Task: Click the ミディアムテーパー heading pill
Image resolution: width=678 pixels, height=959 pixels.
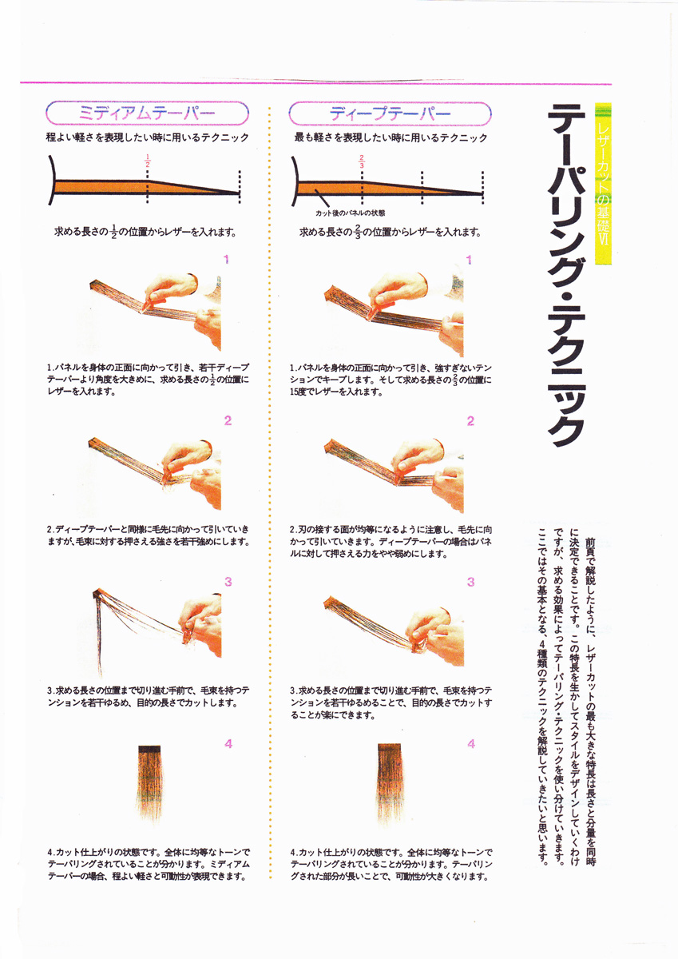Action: pos(147,113)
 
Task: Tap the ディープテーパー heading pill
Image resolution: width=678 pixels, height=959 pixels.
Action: pos(391,113)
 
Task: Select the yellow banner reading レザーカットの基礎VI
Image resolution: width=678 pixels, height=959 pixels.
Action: pos(603,184)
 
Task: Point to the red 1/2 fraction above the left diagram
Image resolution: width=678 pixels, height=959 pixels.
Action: pos(148,161)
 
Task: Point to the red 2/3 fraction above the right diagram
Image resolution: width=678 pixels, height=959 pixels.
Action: pos(362,161)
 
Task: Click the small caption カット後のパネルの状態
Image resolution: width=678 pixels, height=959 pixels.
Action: pos(351,213)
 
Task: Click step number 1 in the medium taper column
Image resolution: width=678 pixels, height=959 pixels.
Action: pos(226,260)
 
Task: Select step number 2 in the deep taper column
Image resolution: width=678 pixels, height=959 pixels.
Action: pos(470,421)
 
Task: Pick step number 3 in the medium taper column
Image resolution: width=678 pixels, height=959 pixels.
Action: pos(228,582)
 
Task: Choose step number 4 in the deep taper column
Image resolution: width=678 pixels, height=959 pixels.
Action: pos(471,744)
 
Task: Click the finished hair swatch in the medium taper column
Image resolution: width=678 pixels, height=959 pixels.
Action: pos(149,783)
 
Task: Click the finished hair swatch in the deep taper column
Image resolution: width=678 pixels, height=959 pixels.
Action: pos(390,783)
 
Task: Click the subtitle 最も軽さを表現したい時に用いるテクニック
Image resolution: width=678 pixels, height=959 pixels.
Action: pos(391,137)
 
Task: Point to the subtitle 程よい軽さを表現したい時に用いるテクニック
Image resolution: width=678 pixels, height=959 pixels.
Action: pos(148,137)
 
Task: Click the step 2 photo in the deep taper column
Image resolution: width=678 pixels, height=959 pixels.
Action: pos(394,475)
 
